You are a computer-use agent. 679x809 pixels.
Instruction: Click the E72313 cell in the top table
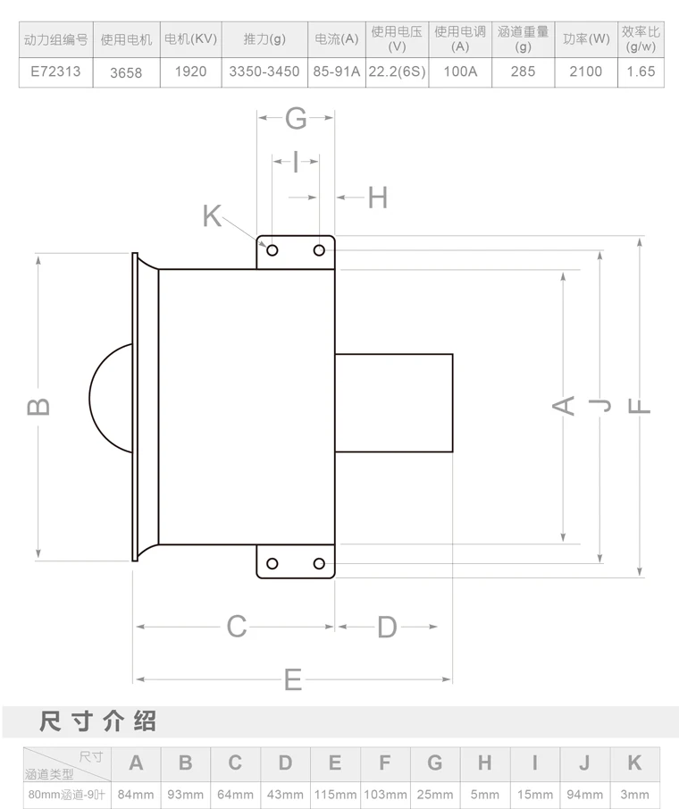click(55, 72)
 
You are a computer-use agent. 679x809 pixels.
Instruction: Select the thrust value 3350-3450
click(264, 72)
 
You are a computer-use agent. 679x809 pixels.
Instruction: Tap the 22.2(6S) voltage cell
click(397, 72)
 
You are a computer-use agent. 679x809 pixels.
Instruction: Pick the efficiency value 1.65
click(641, 72)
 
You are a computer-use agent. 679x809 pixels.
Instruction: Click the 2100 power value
click(586, 72)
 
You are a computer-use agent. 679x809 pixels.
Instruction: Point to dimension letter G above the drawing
click(296, 117)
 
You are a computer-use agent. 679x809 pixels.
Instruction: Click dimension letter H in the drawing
click(378, 198)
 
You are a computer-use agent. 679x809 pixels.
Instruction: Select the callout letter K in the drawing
click(212, 215)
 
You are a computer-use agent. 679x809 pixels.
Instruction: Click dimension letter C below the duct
click(236, 627)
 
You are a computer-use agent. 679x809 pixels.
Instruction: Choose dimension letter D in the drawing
click(386, 627)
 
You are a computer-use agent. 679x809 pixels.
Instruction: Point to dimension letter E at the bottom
click(293, 680)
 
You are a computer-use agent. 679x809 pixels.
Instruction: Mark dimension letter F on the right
click(640, 407)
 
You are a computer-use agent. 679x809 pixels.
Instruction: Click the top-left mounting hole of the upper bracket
click(272, 250)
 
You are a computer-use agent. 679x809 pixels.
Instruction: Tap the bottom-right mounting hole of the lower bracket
click(319, 563)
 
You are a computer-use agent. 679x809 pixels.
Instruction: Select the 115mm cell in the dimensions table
click(335, 794)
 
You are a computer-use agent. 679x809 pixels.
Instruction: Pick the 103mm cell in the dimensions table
click(385, 794)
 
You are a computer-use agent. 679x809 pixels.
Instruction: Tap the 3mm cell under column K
click(634, 794)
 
